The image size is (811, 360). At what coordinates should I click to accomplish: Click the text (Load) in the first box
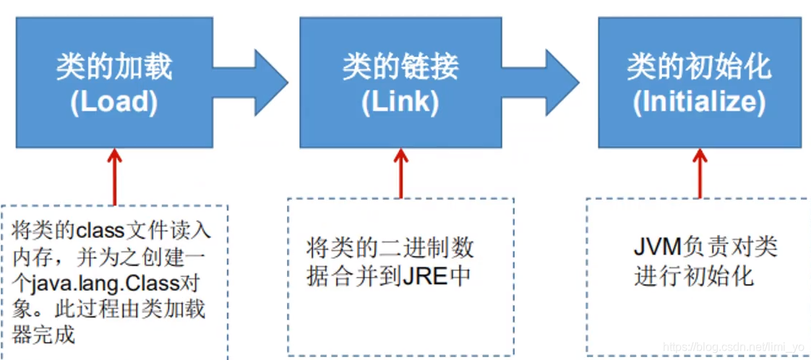[114, 102]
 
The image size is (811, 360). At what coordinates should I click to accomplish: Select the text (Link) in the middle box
[400, 102]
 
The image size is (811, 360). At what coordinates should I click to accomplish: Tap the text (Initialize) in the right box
[699, 102]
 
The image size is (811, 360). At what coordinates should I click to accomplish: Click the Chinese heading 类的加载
[114, 67]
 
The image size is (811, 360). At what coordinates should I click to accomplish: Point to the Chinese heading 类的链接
[400, 67]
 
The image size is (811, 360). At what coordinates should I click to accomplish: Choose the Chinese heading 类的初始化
[699, 67]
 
